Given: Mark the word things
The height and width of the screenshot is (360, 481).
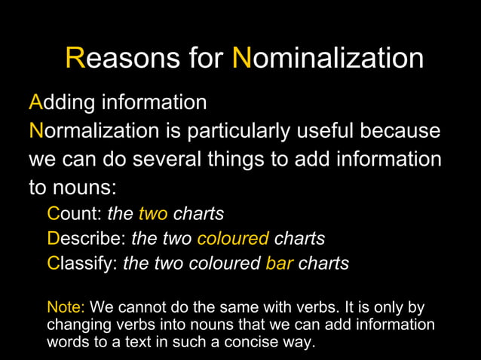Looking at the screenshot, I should [x=261, y=160].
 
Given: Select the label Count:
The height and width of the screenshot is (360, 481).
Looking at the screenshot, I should [x=75, y=214].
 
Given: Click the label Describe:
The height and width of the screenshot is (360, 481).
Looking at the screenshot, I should [x=86, y=239].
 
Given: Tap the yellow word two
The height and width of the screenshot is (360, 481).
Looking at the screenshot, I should [x=153, y=214].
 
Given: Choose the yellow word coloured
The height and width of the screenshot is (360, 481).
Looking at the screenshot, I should [x=232, y=239].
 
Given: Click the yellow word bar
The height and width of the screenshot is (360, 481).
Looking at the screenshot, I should [x=279, y=264].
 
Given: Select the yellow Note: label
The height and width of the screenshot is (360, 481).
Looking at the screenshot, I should [x=66, y=308].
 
